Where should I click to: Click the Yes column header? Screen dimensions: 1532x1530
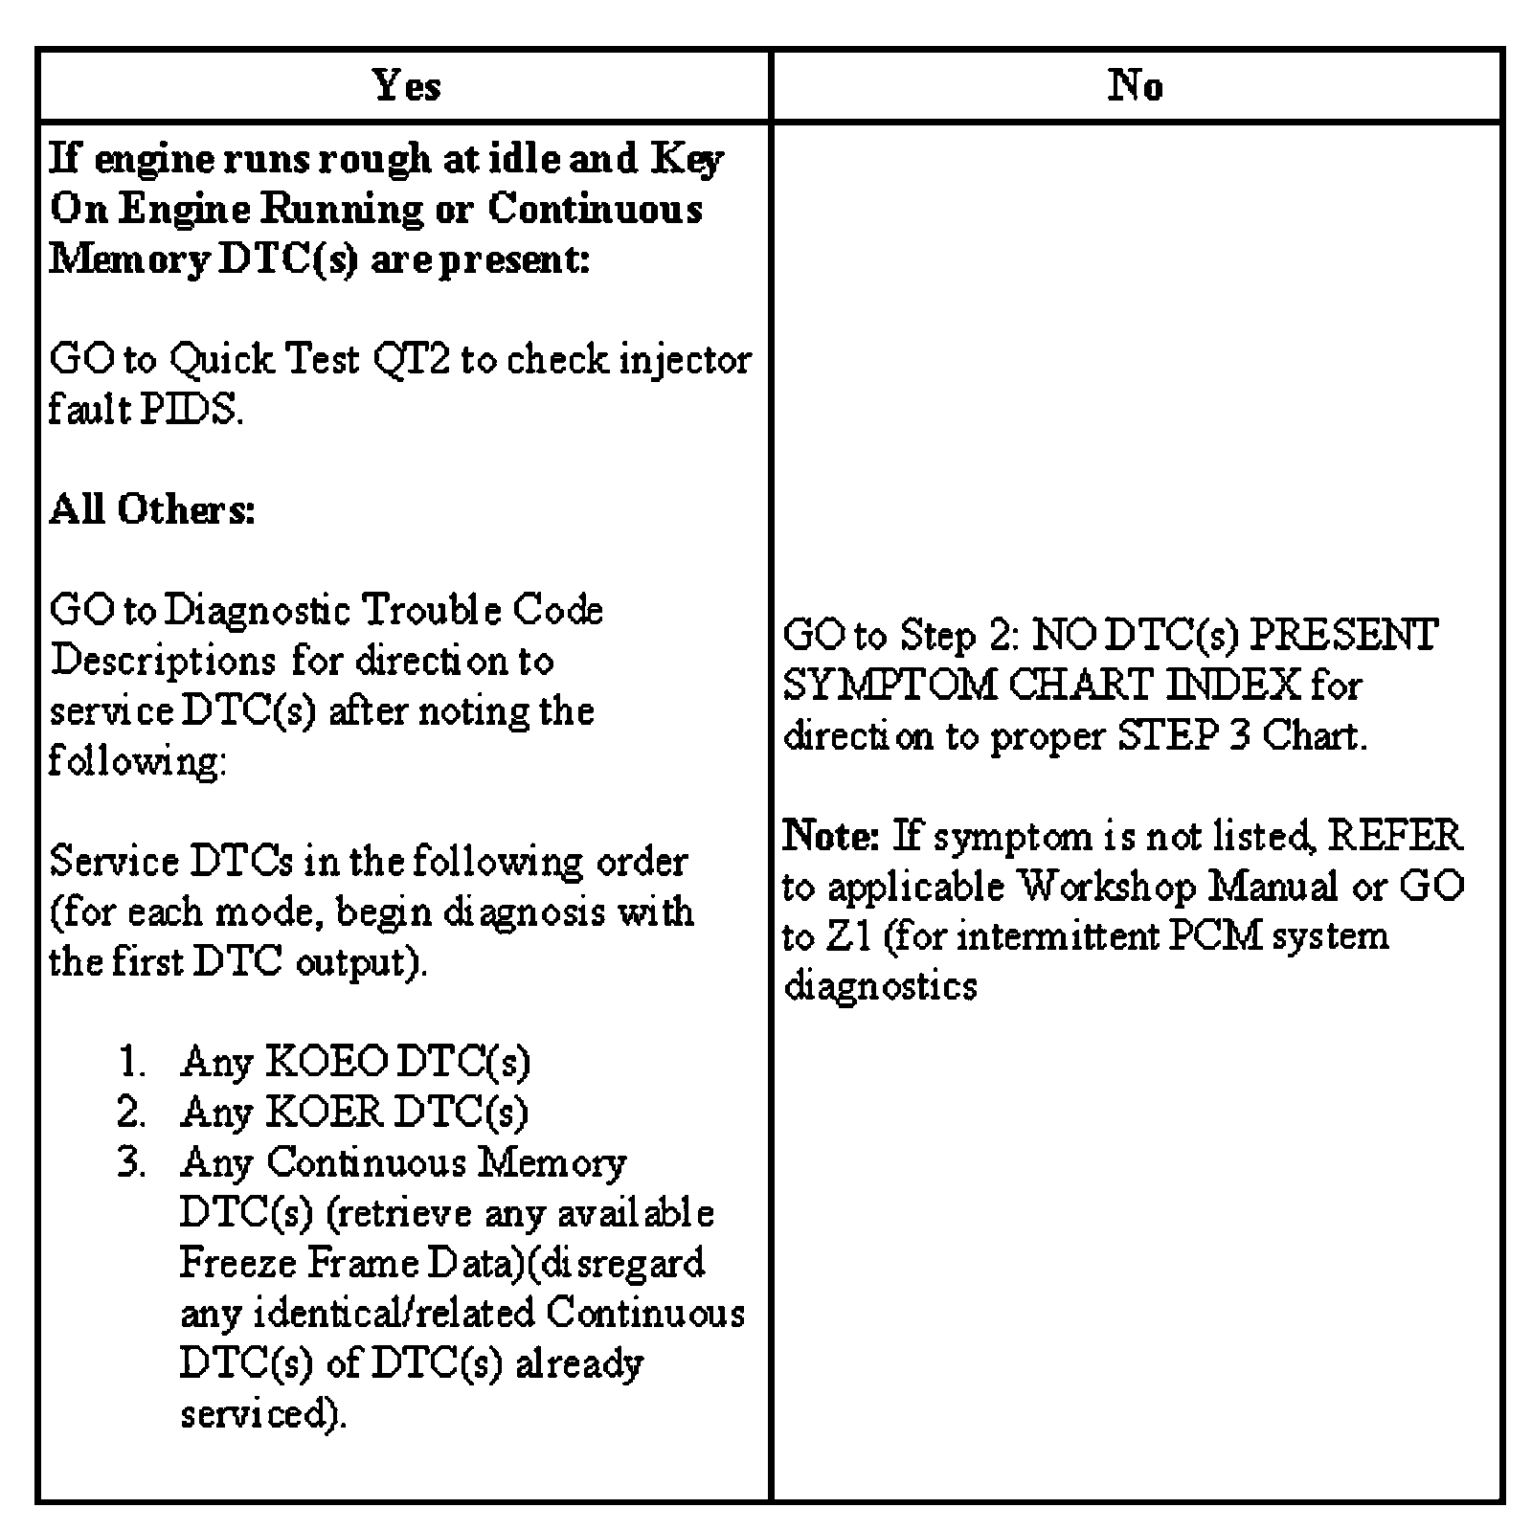pyautogui.click(x=407, y=86)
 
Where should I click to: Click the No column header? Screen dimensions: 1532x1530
pyautogui.click(x=1136, y=86)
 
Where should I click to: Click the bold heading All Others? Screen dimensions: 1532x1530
pyautogui.click(x=152, y=509)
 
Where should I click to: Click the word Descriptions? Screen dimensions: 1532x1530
pyautogui.click(x=164, y=661)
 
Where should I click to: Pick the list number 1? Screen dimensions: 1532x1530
pyautogui.click(x=132, y=1062)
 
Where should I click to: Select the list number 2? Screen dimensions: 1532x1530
pyautogui.click(x=132, y=1113)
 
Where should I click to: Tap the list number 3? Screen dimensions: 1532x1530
pyautogui.click(x=132, y=1162)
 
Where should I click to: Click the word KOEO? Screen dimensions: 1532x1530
pyautogui.click(x=327, y=1062)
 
